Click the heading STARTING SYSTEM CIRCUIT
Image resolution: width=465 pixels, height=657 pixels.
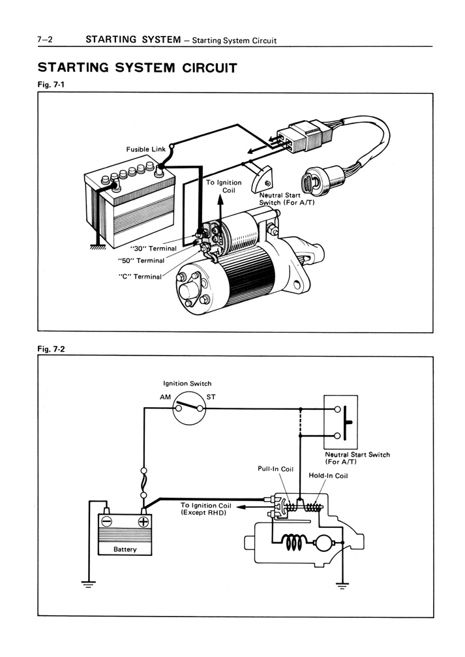click(136, 67)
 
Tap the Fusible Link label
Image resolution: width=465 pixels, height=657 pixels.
click(146, 149)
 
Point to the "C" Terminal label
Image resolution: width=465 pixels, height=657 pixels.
click(140, 277)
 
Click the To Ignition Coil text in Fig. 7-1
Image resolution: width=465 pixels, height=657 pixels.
click(224, 187)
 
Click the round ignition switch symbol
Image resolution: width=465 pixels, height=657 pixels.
click(189, 408)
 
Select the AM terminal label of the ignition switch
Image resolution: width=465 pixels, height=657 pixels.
click(164, 397)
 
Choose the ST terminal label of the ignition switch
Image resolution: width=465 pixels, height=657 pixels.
click(212, 397)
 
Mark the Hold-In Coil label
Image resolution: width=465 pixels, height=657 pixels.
click(328, 476)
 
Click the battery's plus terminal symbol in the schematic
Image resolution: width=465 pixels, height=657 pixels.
click(143, 521)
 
